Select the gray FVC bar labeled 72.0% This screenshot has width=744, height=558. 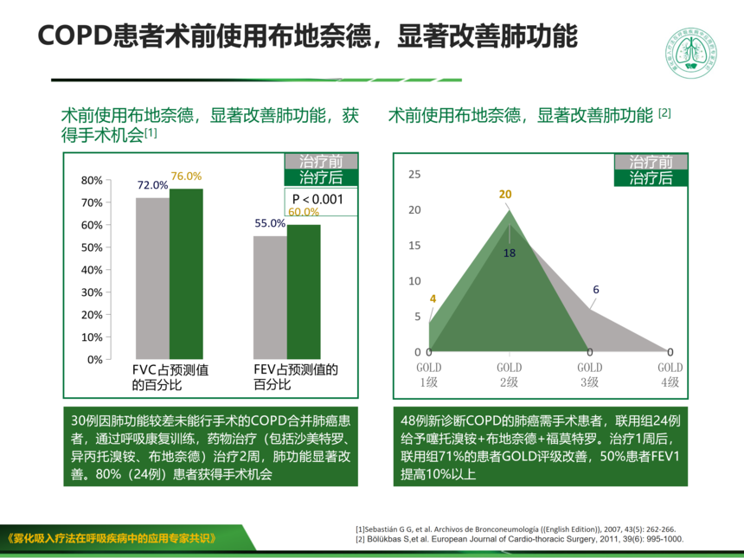coord(152,277)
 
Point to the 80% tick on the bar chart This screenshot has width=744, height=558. coord(92,181)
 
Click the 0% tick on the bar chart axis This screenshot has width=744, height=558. coord(93,359)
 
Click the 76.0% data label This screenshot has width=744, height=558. coord(186,176)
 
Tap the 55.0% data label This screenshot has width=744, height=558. coord(270,223)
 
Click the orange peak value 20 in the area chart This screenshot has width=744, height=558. coord(505,195)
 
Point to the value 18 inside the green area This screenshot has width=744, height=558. coord(509,253)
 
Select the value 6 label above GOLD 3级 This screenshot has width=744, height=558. coord(596,290)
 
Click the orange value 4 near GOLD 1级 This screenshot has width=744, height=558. coord(433,299)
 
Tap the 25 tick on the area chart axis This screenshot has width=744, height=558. coord(414,175)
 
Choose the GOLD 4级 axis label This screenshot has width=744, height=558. coord(670,375)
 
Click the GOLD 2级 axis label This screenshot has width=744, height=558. coord(509,375)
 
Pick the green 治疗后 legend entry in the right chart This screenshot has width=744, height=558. coord(651,178)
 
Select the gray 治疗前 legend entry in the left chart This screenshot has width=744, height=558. coord(321,162)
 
